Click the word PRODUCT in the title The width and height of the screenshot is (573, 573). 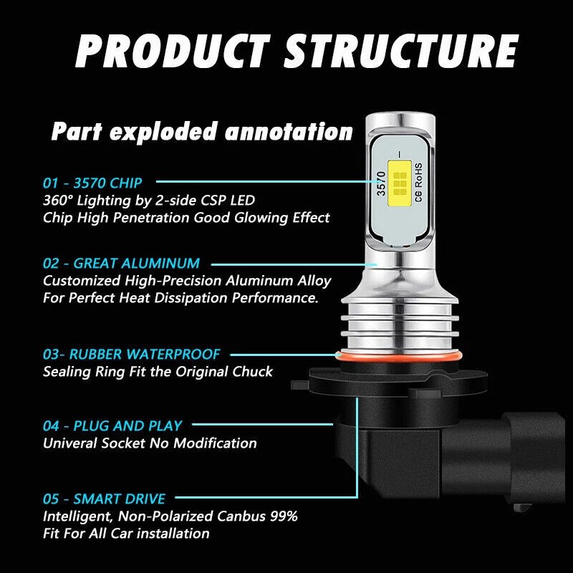(x=171, y=51)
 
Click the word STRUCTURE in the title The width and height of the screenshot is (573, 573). (x=401, y=51)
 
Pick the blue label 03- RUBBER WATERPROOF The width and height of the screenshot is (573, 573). (x=132, y=354)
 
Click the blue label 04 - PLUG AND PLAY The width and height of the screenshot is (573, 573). (x=112, y=425)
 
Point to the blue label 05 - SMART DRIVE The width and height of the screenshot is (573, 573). (x=104, y=499)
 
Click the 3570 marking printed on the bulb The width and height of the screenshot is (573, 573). (x=382, y=183)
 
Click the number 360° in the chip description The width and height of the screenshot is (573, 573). (x=59, y=200)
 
